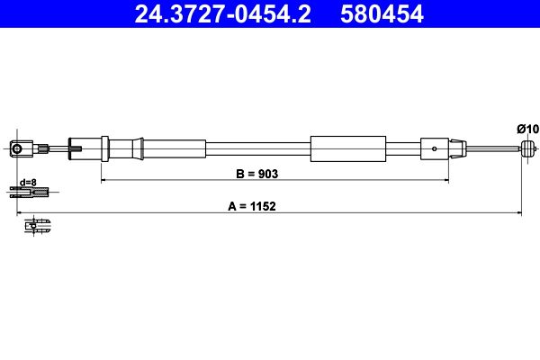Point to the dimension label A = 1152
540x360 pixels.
(x=252, y=205)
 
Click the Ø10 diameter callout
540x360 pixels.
(x=528, y=129)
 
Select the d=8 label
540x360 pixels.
(x=28, y=182)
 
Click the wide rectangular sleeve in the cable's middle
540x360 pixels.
(x=347, y=148)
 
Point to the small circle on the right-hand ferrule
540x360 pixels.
(x=436, y=148)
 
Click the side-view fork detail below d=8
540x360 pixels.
(x=30, y=191)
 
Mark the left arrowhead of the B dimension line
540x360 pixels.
(x=103, y=180)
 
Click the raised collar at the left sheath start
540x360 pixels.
(x=105, y=148)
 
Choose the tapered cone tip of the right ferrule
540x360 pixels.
(x=459, y=148)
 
